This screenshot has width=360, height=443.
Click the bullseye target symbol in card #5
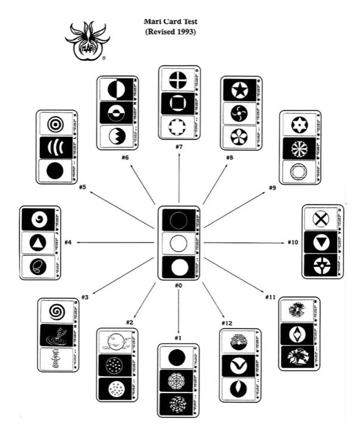[55, 124]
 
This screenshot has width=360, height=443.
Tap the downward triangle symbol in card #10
[321, 243]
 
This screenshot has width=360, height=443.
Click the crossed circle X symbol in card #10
[321, 219]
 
